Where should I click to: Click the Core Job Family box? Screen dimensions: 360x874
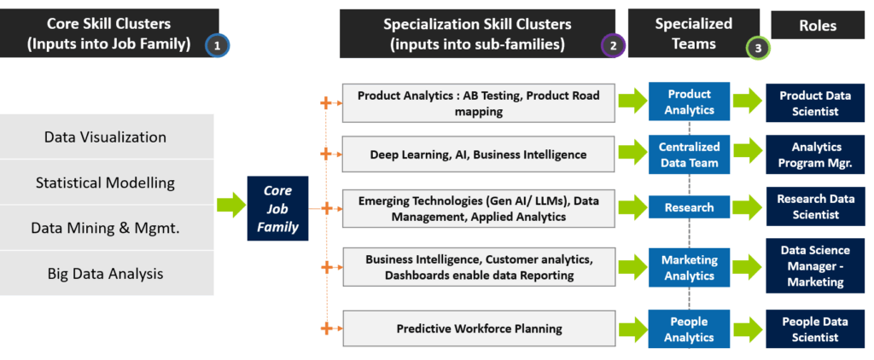(278, 208)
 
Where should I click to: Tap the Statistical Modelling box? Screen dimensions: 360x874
(105, 183)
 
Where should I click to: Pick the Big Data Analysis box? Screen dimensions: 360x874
(105, 274)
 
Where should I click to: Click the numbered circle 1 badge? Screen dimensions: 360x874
(217, 46)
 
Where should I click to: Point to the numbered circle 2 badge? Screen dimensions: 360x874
(613, 46)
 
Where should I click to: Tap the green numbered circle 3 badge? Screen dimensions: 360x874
(758, 48)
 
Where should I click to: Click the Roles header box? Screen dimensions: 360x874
(817, 26)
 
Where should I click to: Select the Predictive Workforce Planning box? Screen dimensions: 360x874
(478, 328)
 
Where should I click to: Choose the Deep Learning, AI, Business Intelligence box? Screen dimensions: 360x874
(478, 154)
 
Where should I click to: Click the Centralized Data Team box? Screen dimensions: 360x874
(689, 154)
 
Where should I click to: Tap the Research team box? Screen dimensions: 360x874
(689, 207)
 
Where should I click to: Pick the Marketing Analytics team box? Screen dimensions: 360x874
(689, 268)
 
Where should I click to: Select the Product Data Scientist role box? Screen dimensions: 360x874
(815, 103)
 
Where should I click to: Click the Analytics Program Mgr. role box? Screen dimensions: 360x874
(815, 154)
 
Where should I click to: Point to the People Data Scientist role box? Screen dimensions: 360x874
(815, 329)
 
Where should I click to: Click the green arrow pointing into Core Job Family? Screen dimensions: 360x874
(230, 206)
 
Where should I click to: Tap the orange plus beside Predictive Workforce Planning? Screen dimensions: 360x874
(324, 328)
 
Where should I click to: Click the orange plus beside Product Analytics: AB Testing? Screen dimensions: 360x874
(324, 103)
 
